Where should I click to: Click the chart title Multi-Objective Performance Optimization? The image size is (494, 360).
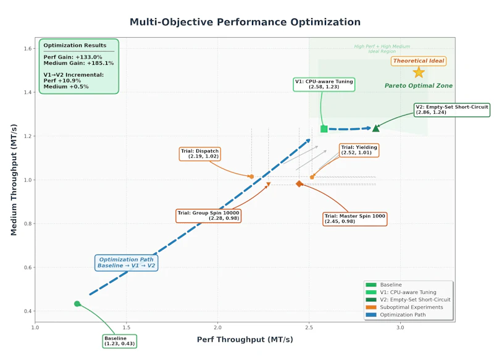click(x=245, y=22)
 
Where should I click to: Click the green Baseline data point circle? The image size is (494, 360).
click(x=77, y=304)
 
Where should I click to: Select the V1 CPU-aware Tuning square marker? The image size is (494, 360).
click(x=324, y=129)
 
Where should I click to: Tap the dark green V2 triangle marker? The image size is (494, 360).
click(x=375, y=128)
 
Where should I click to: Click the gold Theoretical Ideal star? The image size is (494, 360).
click(x=419, y=72)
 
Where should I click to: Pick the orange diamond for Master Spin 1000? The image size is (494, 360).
click(x=299, y=184)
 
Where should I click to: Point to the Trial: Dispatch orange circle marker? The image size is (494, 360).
click(x=251, y=177)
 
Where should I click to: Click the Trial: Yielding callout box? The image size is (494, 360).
click(x=359, y=149)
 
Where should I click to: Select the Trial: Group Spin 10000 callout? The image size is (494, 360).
click(x=209, y=216)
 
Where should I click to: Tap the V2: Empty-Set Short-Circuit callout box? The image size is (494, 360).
click(x=452, y=110)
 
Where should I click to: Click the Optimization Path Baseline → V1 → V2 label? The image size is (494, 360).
click(x=127, y=262)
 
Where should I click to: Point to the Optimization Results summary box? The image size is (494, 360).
click(x=78, y=66)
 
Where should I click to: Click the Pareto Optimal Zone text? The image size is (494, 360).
click(x=419, y=86)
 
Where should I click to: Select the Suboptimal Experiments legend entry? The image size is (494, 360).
click(x=411, y=307)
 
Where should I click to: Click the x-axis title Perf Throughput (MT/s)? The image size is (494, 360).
click(x=245, y=340)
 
